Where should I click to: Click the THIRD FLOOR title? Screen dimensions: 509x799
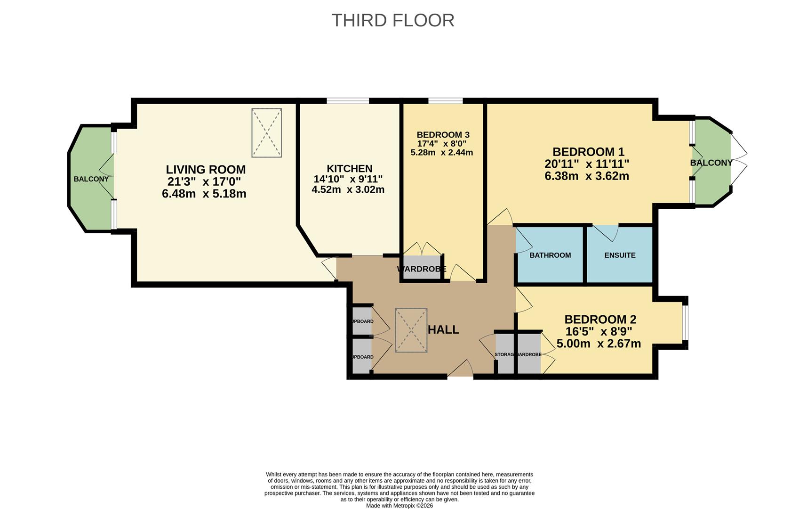click(392, 20)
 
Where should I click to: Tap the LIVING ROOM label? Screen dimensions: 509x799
click(206, 170)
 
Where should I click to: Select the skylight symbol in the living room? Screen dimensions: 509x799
click(266, 132)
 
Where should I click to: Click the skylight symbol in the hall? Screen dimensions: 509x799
click(411, 330)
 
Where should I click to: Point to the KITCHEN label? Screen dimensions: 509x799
click(349, 169)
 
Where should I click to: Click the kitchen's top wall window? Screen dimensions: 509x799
click(348, 100)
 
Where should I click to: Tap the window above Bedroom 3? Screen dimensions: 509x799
click(445, 100)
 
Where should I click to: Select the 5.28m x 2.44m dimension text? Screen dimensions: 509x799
click(441, 153)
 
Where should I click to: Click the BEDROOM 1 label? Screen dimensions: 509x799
click(588, 152)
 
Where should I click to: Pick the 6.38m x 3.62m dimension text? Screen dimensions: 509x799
click(587, 176)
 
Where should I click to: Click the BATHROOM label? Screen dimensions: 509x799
click(550, 255)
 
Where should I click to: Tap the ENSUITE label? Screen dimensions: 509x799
click(620, 255)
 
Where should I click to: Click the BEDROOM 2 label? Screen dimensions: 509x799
click(600, 320)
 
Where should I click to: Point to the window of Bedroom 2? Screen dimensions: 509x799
click(685, 323)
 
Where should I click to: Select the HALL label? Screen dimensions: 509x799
click(443, 330)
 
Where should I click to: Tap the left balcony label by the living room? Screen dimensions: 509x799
click(91, 179)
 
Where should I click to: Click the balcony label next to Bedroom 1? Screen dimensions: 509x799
click(711, 163)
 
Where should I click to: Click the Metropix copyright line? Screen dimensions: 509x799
click(399, 506)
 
